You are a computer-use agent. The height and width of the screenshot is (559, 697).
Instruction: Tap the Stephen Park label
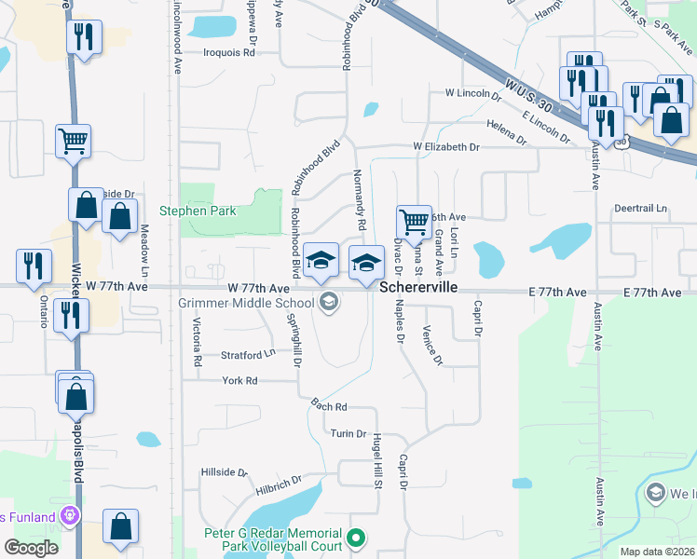click(198, 211)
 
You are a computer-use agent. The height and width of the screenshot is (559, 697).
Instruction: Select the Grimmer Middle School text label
click(246, 303)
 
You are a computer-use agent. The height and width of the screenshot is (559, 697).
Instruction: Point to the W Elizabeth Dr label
click(446, 147)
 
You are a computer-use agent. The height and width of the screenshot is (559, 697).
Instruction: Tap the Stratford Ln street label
click(248, 354)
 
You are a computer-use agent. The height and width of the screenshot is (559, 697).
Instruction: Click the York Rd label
click(239, 381)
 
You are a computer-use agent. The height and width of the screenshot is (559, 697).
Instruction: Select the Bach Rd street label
click(328, 407)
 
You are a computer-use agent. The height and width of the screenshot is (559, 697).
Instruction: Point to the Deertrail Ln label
click(641, 209)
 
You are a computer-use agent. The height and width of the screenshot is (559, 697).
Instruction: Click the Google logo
click(31, 548)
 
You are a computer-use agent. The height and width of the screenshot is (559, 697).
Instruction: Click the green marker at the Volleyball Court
click(355, 539)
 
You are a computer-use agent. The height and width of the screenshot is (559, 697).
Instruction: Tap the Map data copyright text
click(658, 552)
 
